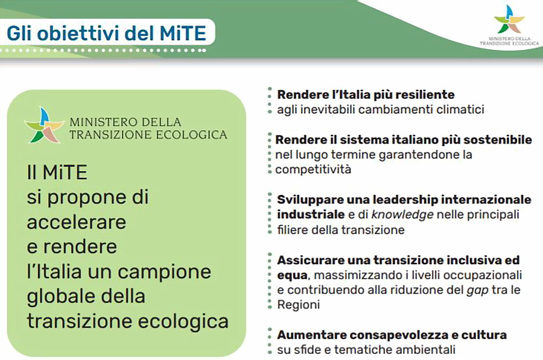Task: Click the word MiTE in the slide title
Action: [x=183, y=33]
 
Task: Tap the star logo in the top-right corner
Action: [x=509, y=19]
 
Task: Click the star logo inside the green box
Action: [x=44, y=125]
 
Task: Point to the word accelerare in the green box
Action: [x=77, y=222]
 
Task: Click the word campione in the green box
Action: [x=164, y=272]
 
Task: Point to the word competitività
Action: [x=313, y=169]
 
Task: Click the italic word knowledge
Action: [x=402, y=215]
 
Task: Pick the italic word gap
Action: [x=477, y=291]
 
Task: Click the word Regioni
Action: [x=298, y=305]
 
